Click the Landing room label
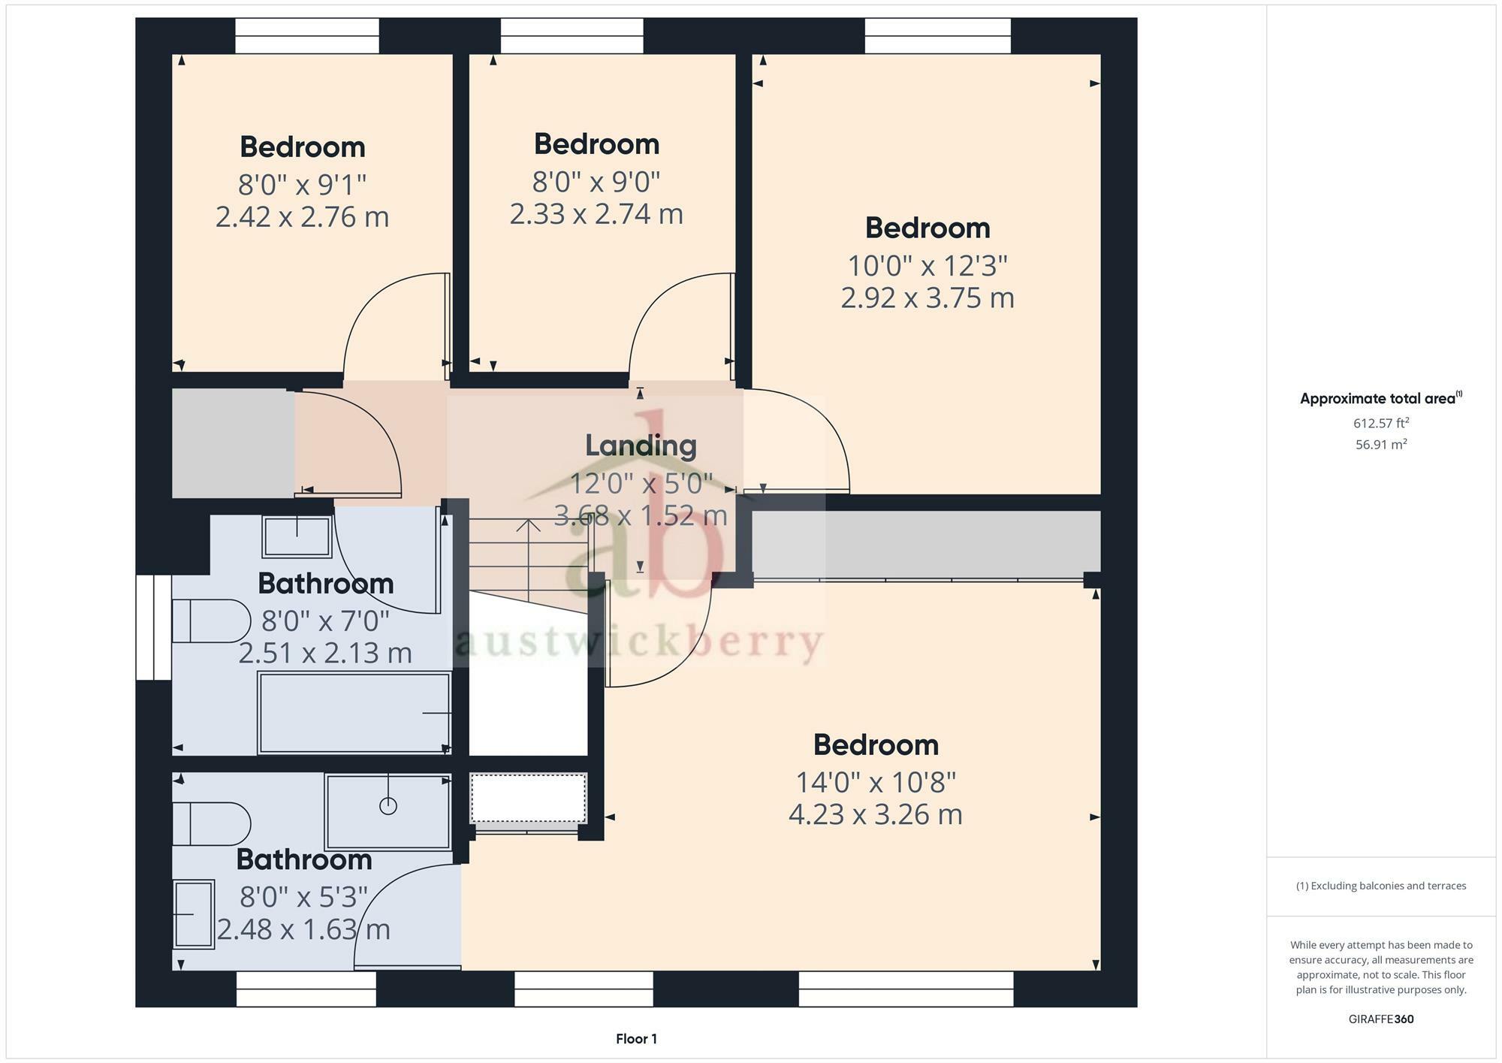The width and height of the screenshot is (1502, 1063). [641, 445]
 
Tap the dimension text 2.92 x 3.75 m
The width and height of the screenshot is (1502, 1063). [927, 298]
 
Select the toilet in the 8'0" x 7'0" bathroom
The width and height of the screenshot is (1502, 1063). [210, 621]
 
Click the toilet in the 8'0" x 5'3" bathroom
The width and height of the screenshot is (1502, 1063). [210, 823]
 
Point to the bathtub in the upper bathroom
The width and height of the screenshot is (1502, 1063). [354, 712]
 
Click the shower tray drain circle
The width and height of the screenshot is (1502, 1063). [388, 806]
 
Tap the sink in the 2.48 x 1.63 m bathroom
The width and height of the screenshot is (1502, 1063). [195, 914]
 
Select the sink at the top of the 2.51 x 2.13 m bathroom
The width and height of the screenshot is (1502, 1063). [297, 536]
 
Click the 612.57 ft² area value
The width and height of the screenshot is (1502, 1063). [1380, 423]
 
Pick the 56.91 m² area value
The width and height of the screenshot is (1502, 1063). [1380, 444]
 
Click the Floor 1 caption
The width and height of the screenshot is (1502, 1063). [636, 1039]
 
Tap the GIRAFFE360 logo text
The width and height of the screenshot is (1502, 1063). [1380, 1019]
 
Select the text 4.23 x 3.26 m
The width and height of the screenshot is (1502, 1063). [875, 814]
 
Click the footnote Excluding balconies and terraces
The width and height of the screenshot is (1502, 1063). [1380, 886]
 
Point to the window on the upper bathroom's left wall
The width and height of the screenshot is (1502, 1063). [154, 627]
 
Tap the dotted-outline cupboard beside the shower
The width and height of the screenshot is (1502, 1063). [528, 799]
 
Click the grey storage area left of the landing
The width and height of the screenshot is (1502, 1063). [233, 443]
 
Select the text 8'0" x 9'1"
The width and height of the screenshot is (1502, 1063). [302, 184]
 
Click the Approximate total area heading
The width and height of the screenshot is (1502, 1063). [1380, 398]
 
